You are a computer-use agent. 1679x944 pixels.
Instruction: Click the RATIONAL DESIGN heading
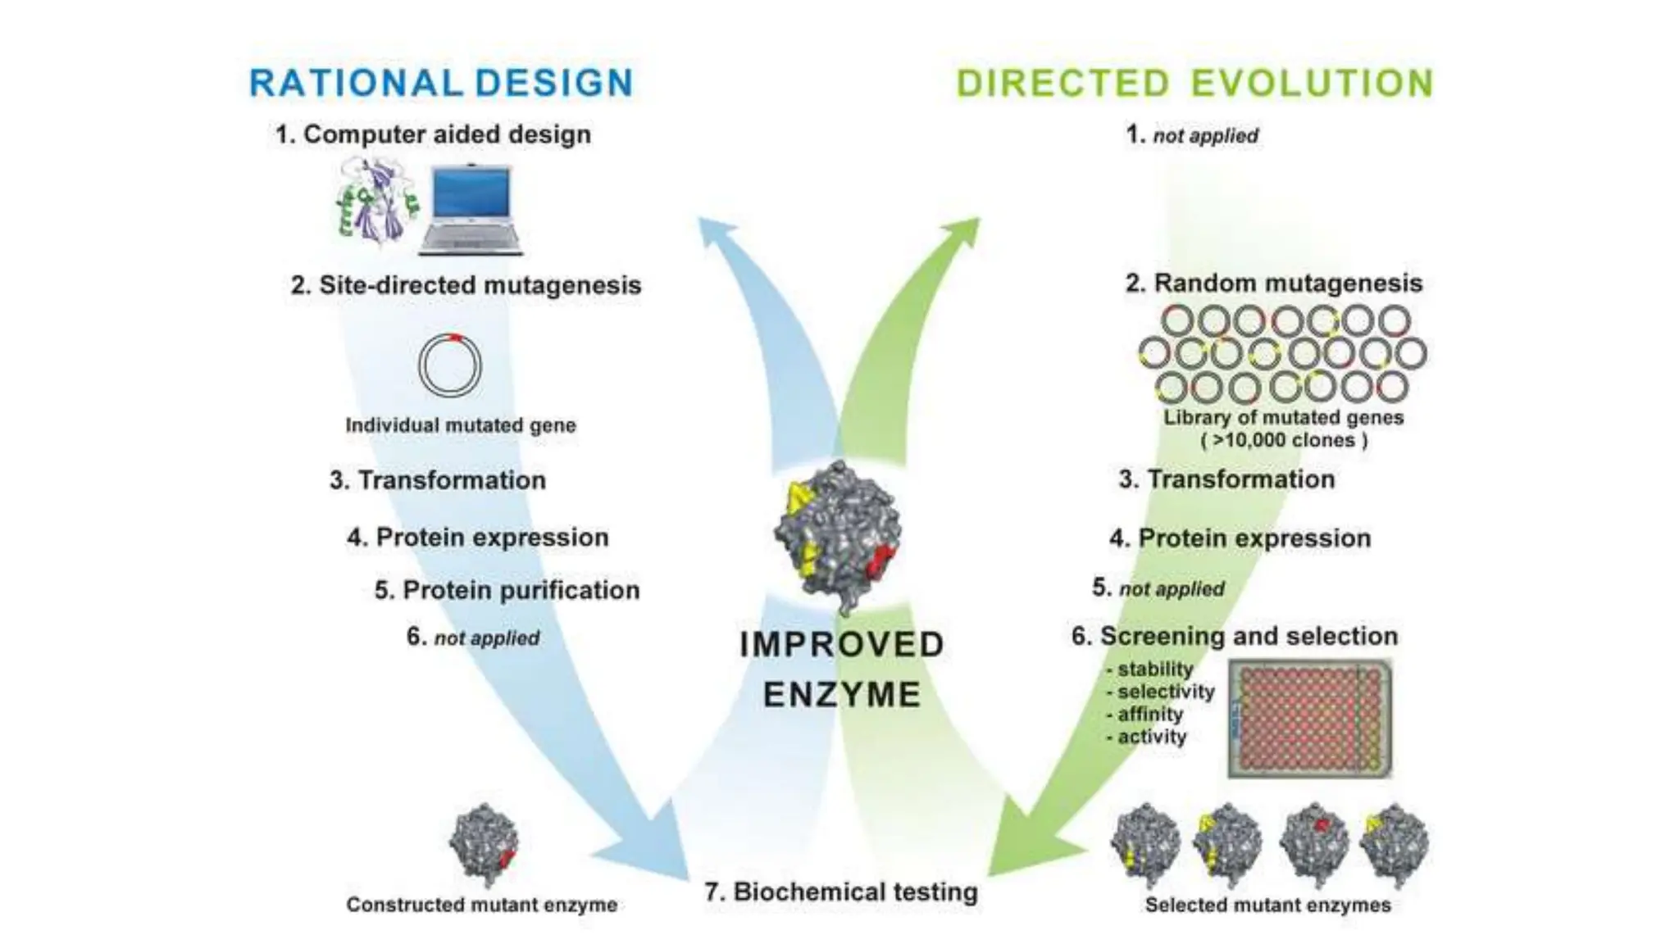click(441, 84)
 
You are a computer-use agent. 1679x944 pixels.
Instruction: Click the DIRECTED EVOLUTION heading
click(1194, 84)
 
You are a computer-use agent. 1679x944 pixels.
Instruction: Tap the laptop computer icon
click(471, 210)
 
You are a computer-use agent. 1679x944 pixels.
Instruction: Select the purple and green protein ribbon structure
click(376, 202)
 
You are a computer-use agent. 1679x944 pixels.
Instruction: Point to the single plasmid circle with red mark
click(450, 365)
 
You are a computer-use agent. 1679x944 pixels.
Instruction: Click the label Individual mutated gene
click(461, 425)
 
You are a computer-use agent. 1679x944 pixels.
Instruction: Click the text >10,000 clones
click(1284, 440)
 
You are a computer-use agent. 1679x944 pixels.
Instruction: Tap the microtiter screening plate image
click(1309, 719)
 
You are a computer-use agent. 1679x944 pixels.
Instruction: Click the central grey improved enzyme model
click(838, 535)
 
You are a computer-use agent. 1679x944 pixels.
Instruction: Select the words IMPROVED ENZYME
click(842, 669)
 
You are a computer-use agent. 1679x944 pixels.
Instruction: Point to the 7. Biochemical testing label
click(841, 892)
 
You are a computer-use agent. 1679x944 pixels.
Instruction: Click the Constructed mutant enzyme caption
click(481, 905)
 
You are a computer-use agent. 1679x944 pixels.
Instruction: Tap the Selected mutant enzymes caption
click(1267, 905)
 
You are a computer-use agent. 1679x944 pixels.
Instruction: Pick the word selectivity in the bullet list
click(1166, 692)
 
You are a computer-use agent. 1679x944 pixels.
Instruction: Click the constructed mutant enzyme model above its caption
click(485, 845)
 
